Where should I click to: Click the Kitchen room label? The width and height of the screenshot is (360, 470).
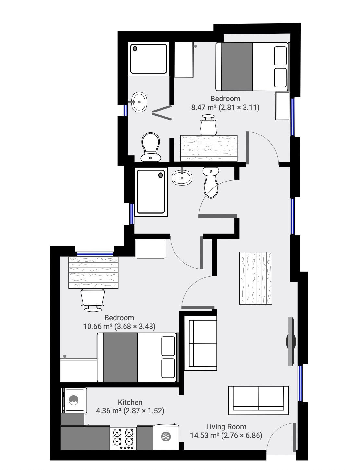pyautogui.click(x=130, y=402)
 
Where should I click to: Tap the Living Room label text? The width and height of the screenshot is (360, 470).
pyautogui.click(x=226, y=432)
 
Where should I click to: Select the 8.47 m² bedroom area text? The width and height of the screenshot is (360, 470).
pyautogui.click(x=225, y=107)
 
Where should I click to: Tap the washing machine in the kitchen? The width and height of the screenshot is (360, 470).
pyautogui.click(x=74, y=400)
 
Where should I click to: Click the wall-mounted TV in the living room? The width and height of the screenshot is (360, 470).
pyautogui.click(x=291, y=341)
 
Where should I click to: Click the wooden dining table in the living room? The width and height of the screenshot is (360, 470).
pyautogui.click(x=256, y=278)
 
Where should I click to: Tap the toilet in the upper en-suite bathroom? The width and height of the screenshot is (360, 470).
pyautogui.click(x=150, y=147)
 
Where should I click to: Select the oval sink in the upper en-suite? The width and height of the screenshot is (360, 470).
pyautogui.click(x=139, y=102)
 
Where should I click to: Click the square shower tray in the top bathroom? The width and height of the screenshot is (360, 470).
pyautogui.click(x=149, y=59)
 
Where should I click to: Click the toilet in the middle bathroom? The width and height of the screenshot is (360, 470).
pyautogui.click(x=211, y=182)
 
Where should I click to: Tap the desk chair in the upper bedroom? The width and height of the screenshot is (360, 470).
pyautogui.click(x=208, y=125)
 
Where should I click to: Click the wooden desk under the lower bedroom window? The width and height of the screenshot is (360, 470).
pyautogui.click(x=93, y=273)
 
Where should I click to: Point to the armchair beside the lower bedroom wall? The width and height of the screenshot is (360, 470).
pyautogui.click(x=200, y=343)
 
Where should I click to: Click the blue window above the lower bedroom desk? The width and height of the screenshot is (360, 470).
pyautogui.click(x=94, y=254)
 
